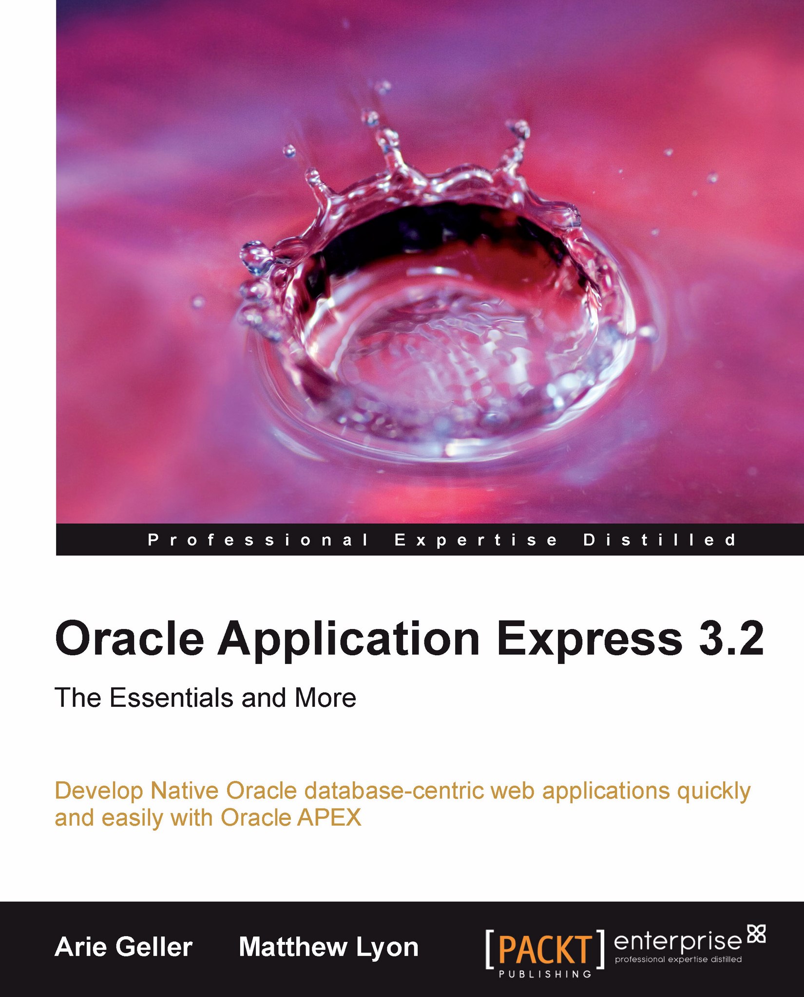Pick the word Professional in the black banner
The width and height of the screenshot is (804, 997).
258,540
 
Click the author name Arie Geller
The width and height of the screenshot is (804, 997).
124,947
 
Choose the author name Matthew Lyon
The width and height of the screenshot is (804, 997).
328,947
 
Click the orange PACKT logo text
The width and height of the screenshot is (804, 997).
545,950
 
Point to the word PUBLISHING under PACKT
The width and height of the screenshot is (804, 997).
545,974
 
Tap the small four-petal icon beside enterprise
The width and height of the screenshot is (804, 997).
757,933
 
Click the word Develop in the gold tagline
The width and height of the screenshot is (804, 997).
99,792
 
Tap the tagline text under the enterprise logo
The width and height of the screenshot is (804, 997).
678,960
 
